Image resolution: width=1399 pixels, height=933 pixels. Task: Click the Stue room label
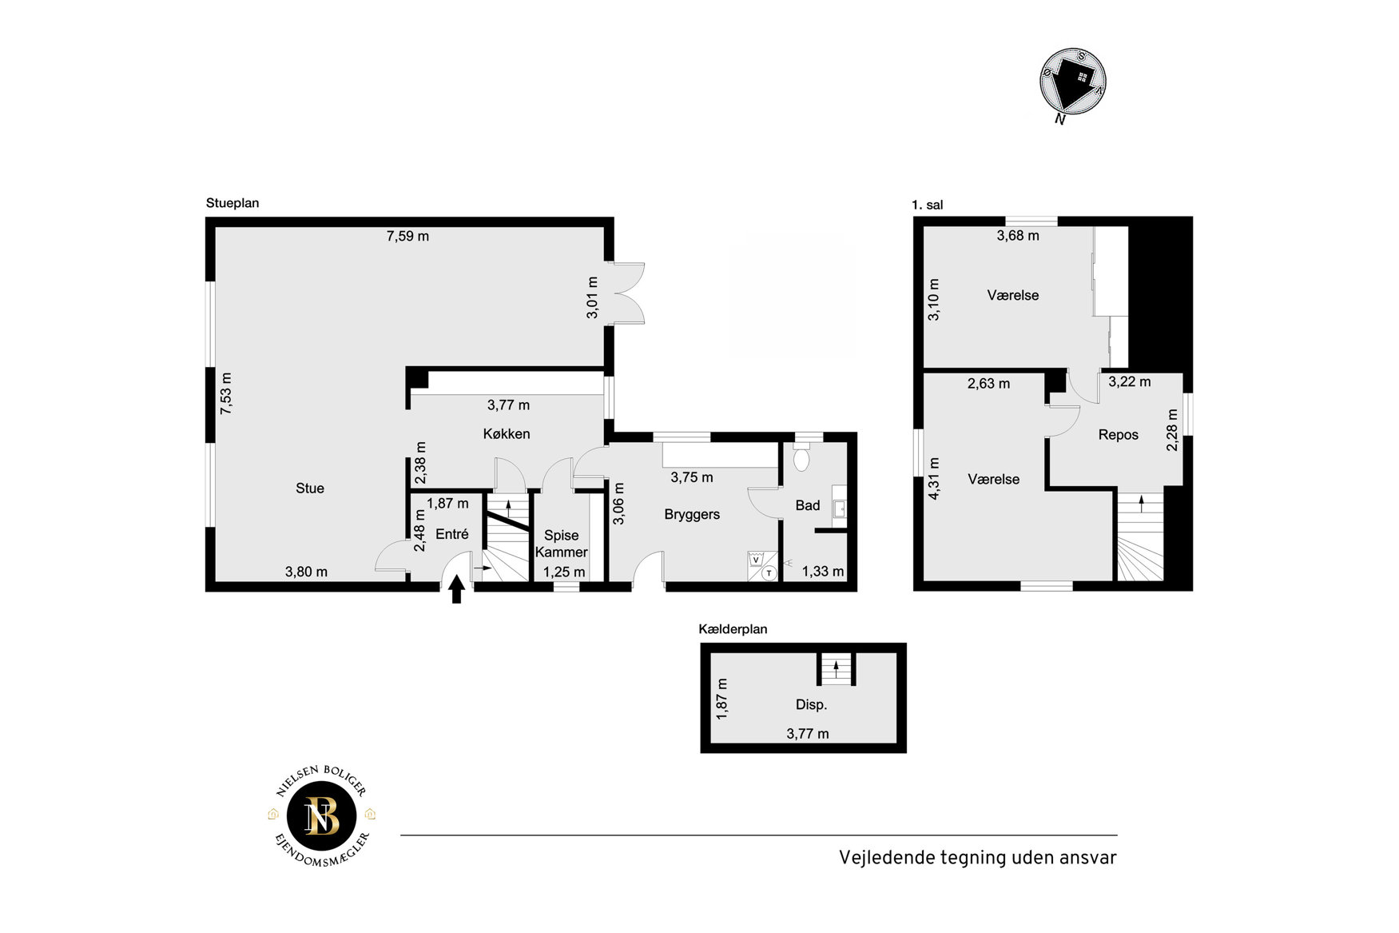[x=310, y=488]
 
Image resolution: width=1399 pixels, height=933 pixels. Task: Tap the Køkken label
[x=507, y=434]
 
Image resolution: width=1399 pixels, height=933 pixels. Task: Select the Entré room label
[x=452, y=534]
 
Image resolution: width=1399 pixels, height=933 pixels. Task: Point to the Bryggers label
[x=692, y=515]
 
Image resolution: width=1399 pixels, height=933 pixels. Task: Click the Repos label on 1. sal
[x=1119, y=435]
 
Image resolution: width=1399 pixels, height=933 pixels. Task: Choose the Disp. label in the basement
[x=811, y=705]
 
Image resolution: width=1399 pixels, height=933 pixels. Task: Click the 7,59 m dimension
[x=407, y=236]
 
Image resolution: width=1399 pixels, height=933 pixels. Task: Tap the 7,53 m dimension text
[x=226, y=393]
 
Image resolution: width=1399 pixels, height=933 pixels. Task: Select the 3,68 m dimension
[x=1018, y=236]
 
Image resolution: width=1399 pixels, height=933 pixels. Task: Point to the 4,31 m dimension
[x=933, y=479]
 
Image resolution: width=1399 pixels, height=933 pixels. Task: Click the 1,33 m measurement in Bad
[x=823, y=572]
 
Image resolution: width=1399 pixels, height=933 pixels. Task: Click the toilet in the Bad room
[x=801, y=459]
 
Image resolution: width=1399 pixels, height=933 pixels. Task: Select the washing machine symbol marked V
[x=756, y=560]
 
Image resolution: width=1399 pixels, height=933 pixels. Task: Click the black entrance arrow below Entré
[x=456, y=590]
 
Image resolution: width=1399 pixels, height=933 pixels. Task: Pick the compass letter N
[x=1060, y=120]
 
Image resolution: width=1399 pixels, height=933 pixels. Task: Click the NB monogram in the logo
[x=322, y=816]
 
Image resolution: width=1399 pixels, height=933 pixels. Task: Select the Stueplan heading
[x=233, y=203]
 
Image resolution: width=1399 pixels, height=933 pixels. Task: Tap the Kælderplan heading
[x=733, y=629]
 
